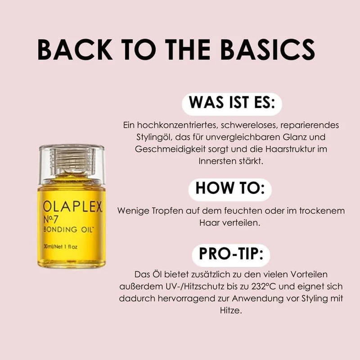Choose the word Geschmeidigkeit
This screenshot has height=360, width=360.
[158, 148]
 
